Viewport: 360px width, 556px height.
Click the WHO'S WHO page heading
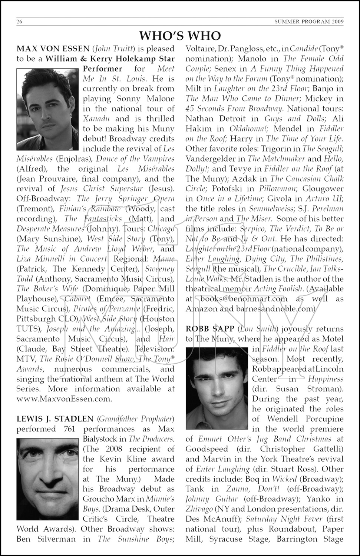pos(180,36)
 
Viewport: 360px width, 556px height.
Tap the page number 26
pos(20,21)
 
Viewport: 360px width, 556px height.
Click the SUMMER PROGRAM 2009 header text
pos(309,21)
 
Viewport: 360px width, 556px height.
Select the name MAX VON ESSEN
pos(53,49)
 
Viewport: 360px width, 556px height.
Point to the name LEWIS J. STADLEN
pos(55,419)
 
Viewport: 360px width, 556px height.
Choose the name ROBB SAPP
pos(210,329)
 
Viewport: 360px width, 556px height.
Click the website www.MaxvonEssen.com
pos(64,399)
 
